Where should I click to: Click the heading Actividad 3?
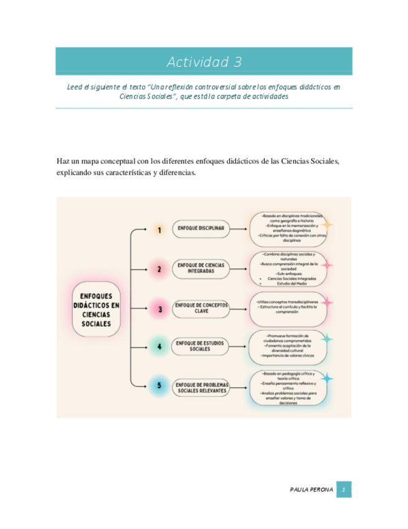[x=204, y=62]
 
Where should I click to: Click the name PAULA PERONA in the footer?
[x=311, y=490]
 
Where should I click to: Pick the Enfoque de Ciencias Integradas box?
[x=201, y=269]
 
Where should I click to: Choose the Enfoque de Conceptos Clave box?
[x=201, y=308]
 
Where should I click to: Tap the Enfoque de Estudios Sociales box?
[x=201, y=346]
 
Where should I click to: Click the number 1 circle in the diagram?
[x=159, y=230]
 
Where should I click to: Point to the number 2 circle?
[x=159, y=269]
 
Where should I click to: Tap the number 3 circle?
[x=159, y=308]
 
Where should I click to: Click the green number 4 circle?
[x=159, y=347]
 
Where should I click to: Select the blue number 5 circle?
[x=159, y=386]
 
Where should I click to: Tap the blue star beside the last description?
[x=327, y=378]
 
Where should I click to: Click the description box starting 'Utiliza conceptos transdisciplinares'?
[x=287, y=308]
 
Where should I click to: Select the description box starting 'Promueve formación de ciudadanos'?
[x=287, y=347]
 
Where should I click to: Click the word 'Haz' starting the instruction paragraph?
[x=63, y=162]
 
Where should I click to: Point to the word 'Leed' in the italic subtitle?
[x=75, y=87]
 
